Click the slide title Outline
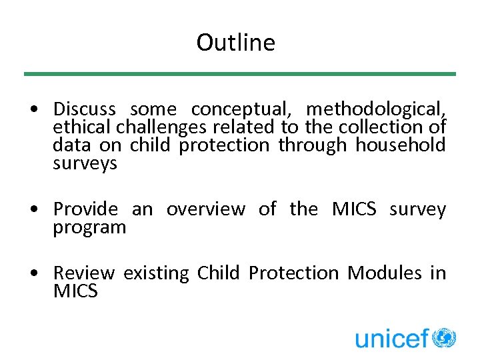[235, 43]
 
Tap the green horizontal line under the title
[240, 74]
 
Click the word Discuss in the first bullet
[84, 109]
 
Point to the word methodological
[376, 109]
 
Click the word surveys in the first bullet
[85, 164]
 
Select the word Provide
[85, 209]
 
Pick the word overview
[205, 209]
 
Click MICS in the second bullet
[353, 209]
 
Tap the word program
[89, 228]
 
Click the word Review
[84, 273]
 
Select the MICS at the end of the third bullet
[75, 291]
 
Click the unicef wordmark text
[391, 339]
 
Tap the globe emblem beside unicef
[444, 337]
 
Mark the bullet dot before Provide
[41, 210]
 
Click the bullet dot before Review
[41, 274]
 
